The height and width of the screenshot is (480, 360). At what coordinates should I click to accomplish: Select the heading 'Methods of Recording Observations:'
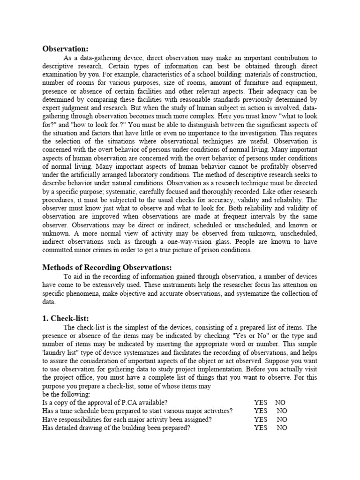107,267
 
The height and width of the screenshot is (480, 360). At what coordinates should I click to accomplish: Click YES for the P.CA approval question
261,403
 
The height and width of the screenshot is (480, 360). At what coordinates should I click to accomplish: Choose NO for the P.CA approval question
280,403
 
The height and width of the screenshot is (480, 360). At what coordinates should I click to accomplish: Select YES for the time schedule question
261,411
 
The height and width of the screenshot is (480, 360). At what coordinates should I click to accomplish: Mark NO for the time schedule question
282,411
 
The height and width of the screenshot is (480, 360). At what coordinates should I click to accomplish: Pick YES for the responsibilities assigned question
261,420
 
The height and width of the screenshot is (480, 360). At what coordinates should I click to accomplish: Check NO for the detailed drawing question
282,428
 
